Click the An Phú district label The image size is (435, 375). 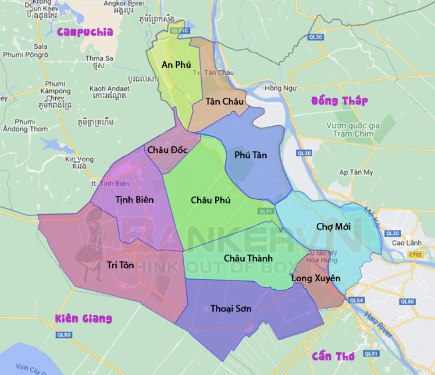pyautogui.click(x=176, y=65)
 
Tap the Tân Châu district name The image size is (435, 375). pyautogui.click(x=224, y=102)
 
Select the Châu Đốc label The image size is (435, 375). pyautogui.click(x=167, y=150)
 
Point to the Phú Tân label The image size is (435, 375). pyautogui.click(x=250, y=155)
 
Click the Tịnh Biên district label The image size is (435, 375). pyautogui.click(x=135, y=200)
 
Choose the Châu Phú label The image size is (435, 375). pyautogui.click(x=210, y=200)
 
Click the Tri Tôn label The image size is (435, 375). pyautogui.click(x=120, y=265)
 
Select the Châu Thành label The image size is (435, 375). pyautogui.click(x=248, y=258)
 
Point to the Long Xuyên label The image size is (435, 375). pyautogui.click(x=316, y=278)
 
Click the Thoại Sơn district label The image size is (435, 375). pyautogui.click(x=231, y=309)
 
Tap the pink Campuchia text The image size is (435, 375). pyautogui.click(x=85, y=32)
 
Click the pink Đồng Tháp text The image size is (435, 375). pyautogui.click(x=339, y=101)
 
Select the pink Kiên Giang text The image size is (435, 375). pyautogui.click(x=83, y=318)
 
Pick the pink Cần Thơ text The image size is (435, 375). pyautogui.click(x=333, y=356)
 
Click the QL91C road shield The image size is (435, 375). pyautogui.click(x=180, y=31)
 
